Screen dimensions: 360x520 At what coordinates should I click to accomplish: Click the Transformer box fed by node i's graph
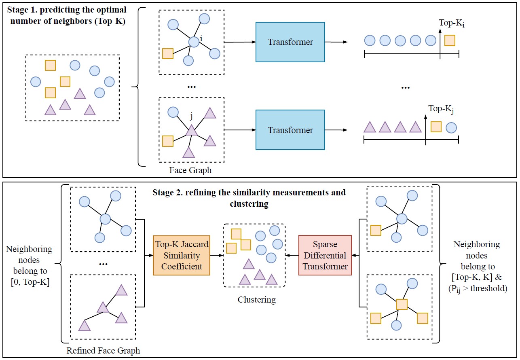[290, 42]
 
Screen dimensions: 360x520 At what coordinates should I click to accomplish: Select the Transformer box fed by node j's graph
[290, 130]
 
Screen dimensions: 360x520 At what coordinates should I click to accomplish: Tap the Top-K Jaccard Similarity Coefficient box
[181, 255]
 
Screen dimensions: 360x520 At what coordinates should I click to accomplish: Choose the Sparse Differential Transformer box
[325, 255]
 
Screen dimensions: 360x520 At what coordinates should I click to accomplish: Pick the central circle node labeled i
[194, 42]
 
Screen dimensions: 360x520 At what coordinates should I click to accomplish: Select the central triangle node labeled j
[191, 130]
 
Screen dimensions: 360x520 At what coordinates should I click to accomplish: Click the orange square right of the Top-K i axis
[450, 40]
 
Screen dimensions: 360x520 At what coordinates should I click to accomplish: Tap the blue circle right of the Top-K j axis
[451, 128]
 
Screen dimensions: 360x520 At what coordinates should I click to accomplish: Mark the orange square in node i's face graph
[168, 53]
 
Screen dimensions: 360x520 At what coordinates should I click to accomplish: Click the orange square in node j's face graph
[167, 141]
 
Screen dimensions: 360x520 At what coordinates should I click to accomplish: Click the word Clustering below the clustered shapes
[256, 300]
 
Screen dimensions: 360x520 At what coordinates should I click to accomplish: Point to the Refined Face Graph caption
[103, 350]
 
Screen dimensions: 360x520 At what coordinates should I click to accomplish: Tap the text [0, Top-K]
[29, 282]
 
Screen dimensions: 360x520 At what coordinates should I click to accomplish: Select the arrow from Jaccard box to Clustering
[217, 256]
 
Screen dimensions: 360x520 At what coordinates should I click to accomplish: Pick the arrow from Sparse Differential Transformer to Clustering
[292, 256]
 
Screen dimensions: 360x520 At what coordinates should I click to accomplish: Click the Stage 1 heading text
[67, 15]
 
